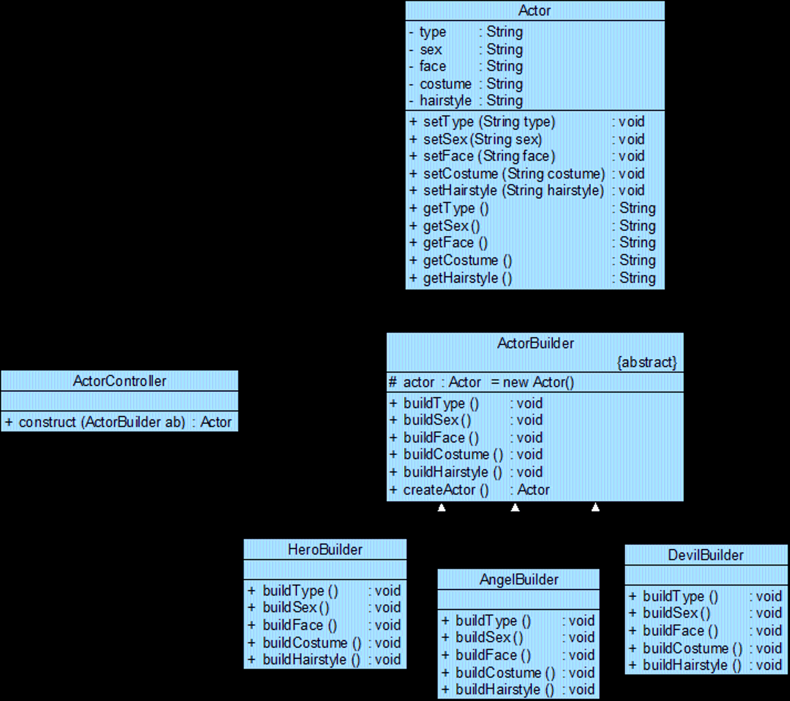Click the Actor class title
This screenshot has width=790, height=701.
point(534,11)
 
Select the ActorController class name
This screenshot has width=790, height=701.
point(120,381)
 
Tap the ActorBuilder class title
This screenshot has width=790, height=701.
point(535,343)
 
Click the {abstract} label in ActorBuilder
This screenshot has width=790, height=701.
point(647,362)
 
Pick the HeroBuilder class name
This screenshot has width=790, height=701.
point(325,550)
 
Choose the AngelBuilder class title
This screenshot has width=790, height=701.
point(519,580)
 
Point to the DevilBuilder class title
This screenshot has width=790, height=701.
point(706,555)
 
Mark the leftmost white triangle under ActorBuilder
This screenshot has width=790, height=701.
point(442,507)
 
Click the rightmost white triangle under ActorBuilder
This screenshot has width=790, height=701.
point(595,507)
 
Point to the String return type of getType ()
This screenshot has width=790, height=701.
point(638,208)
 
